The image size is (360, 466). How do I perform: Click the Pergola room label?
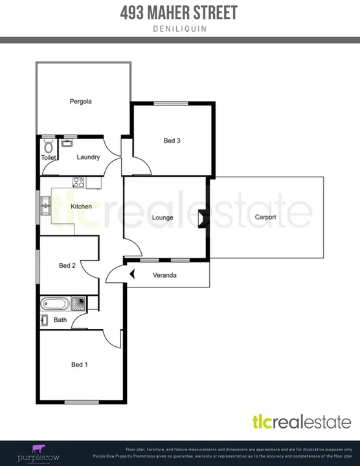81,102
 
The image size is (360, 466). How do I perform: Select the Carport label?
265,217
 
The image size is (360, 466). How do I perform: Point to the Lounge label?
163,218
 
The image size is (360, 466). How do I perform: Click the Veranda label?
164,275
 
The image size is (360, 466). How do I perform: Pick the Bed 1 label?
80,365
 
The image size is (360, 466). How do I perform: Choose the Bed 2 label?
68,265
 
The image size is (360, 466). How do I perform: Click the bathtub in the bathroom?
54,303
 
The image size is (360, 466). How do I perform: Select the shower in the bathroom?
78,303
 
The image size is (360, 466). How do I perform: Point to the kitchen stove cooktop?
78,183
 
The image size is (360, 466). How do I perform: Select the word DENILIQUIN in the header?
179,28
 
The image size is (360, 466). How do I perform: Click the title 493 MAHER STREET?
179,12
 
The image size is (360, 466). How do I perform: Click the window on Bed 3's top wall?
172,104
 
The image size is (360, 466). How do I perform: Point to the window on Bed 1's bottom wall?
82,402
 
